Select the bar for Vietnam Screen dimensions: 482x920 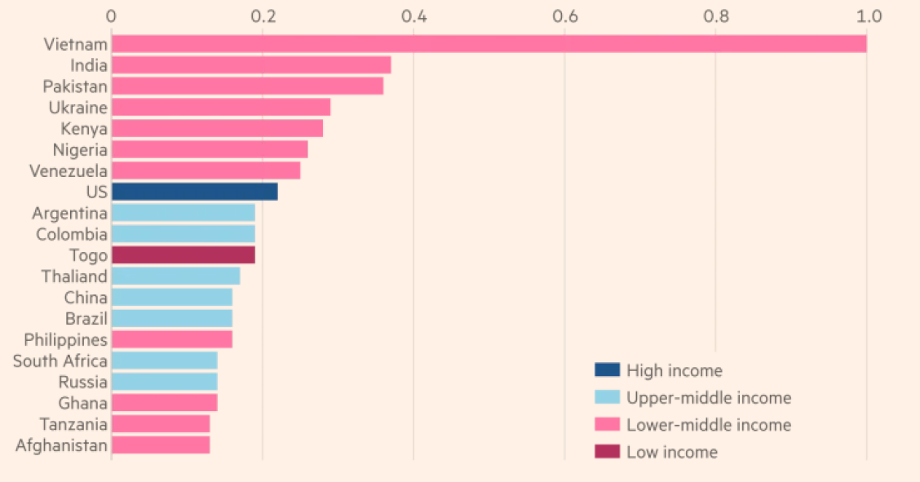pos(489,44)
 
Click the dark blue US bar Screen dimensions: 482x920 pos(194,192)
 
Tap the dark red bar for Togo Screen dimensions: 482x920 pos(183,255)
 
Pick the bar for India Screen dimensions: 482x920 pos(251,65)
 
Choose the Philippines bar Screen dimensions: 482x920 pos(171,339)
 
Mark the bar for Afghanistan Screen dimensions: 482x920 pos(161,445)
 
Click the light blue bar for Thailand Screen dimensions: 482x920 pos(175,276)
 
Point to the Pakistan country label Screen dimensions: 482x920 pos(75,86)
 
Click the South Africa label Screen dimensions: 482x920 pos(60,360)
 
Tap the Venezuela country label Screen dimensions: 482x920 pos(69,171)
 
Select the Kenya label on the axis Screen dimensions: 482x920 pos(84,129)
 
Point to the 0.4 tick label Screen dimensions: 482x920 pos(414,16)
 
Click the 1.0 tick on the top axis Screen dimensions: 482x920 pos(869,16)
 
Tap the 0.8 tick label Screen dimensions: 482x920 pos(716,16)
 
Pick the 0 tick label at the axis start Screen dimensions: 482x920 pos(111,16)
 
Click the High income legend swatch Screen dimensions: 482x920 pos(607,370)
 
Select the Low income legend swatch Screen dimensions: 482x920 pos(607,452)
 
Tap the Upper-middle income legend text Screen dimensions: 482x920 pos(708,398)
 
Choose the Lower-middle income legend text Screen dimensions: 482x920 pos(708,425)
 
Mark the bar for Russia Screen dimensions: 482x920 pos(164,382)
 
